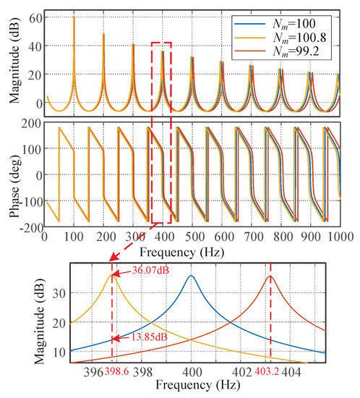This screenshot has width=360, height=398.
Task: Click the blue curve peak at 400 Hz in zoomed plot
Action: point(191,276)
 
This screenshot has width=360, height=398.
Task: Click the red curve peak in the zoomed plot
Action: point(270,276)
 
